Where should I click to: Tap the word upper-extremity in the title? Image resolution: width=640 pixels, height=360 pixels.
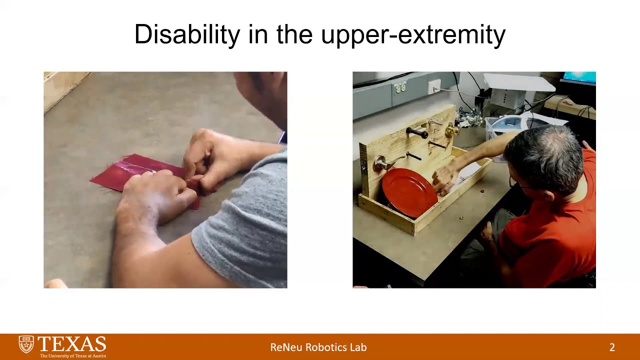tap(413, 35)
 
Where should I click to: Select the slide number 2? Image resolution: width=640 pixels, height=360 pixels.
tap(612, 347)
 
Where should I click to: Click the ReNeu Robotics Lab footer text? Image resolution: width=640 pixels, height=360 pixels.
tap(318, 347)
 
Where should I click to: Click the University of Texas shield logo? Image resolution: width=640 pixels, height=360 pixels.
tap(26, 344)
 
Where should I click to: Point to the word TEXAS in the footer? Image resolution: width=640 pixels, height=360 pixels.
tap(72, 344)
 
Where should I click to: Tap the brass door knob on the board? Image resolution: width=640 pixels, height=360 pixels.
tap(451, 131)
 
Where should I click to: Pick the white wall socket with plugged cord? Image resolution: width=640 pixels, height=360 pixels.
tap(434, 86)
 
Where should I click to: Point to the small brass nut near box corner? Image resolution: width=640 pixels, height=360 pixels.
tap(461, 217)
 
